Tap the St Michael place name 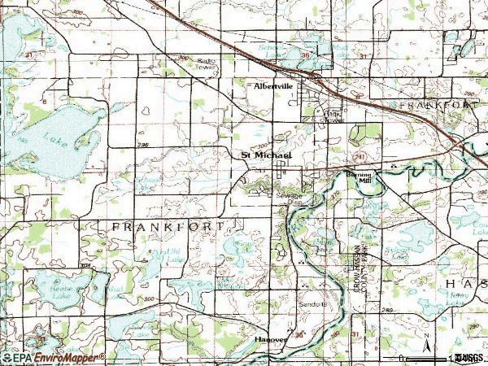tap(264, 154)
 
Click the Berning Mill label tap(359, 179)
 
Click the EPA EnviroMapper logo tap(54, 357)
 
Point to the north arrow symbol tap(424, 350)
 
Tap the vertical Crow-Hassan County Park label tap(354, 268)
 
